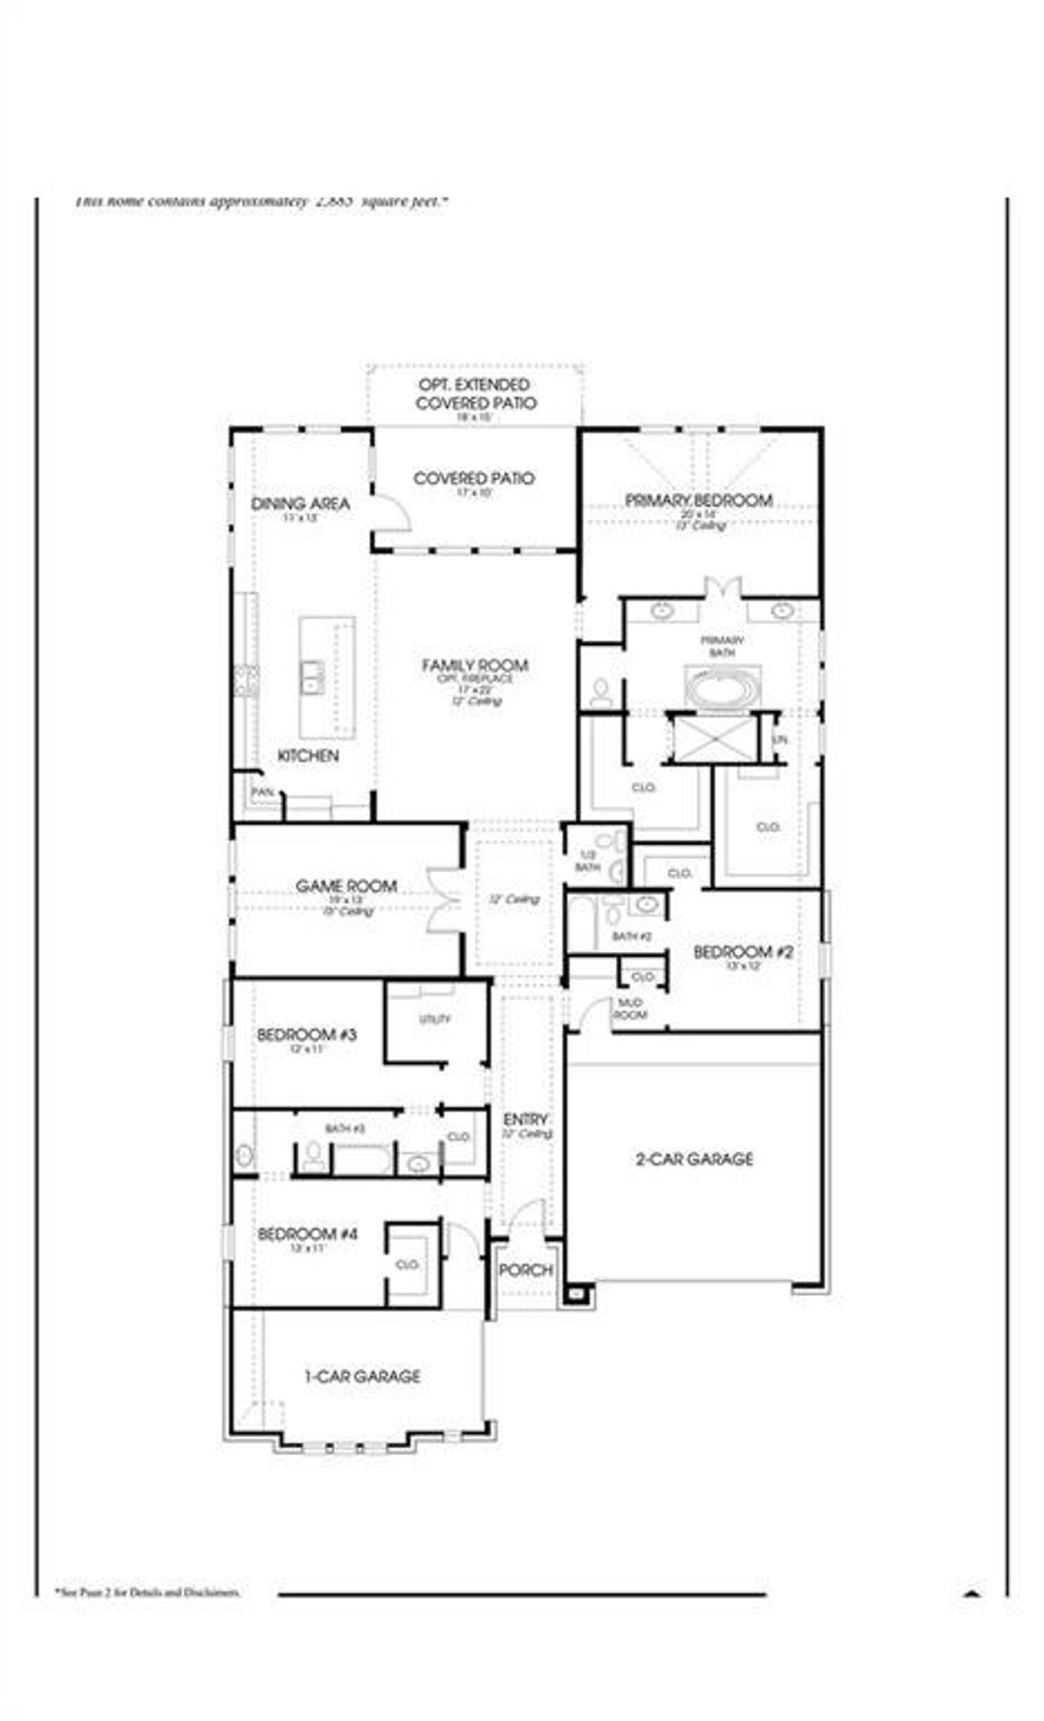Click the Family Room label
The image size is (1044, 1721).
(475, 666)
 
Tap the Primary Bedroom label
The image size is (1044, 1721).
(699, 500)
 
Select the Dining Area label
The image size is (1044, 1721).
(300, 504)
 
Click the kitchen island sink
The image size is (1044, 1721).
(312, 677)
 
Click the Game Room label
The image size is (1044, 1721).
(347, 886)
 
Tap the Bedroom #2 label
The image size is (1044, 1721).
(743, 952)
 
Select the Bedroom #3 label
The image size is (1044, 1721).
(307, 1035)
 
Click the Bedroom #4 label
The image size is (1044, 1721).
(307, 1235)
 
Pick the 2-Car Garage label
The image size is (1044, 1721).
(694, 1159)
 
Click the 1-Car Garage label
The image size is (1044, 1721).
(362, 1377)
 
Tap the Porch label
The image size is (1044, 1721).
(525, 1270)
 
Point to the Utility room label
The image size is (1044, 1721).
(435, 1020)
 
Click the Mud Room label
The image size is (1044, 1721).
(630, 1009)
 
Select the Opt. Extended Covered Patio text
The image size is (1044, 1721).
(476, 394)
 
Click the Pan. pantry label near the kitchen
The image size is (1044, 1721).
(263, 792)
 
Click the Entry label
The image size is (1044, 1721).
(525, 1119)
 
